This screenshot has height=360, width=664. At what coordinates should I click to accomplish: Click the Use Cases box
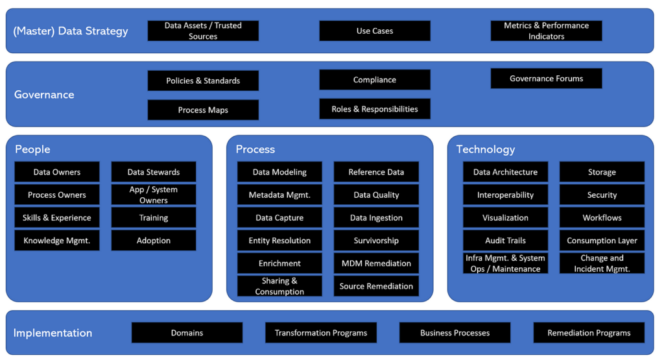pyautogui.click(x=374, y=31)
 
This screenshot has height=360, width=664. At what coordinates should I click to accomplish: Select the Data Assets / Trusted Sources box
pyautogui.click(x=203, y=31)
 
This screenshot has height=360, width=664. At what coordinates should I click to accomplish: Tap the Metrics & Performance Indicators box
pyautogui.click(x=546, y=31)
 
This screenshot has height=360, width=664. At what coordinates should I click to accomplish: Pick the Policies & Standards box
pyautogui.click(x=203, y=80)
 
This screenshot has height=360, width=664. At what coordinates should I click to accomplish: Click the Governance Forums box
pyautogui.click(x=546, y=78)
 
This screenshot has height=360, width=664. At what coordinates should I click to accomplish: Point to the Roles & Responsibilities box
pyautogui.click(x=374, y=109)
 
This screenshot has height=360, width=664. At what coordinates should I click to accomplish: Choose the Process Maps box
pyautogui.click(x=203, y=110)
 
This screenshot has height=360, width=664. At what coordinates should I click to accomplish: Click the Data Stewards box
pyautogui.click(x=153, y=172)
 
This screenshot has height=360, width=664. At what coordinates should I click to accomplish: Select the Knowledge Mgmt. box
pyautogui.click(x=57, y=241)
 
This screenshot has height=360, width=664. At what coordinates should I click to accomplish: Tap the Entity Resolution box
pyautogui.click(x=279, y=241)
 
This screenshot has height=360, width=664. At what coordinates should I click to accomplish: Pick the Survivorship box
pyautogui.click(x=376, y=241)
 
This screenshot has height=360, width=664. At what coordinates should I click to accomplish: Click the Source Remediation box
pyautogui.click(x=376, y=286)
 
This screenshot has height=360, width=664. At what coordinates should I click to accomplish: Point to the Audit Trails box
pyautogui.click(x=505, y=241)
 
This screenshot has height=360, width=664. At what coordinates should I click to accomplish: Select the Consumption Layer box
pyautogui.click(x=602, y=241)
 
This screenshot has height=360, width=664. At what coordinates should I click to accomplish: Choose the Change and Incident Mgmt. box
pyautogui.click(x=602, y=263)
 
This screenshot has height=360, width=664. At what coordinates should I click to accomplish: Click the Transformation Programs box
pyautogui.click(x=320, y=333)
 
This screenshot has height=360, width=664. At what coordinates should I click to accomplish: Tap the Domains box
pyautogui.click(x=187, y=333)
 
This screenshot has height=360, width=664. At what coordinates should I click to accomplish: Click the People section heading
pyautogui.click(x=32, y=149)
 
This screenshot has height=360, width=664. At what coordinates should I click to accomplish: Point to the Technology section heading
pyautogui.click(x=485, y=149)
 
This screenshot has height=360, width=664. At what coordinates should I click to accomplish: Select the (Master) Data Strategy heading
pyautogui.click(x=71, y=31)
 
